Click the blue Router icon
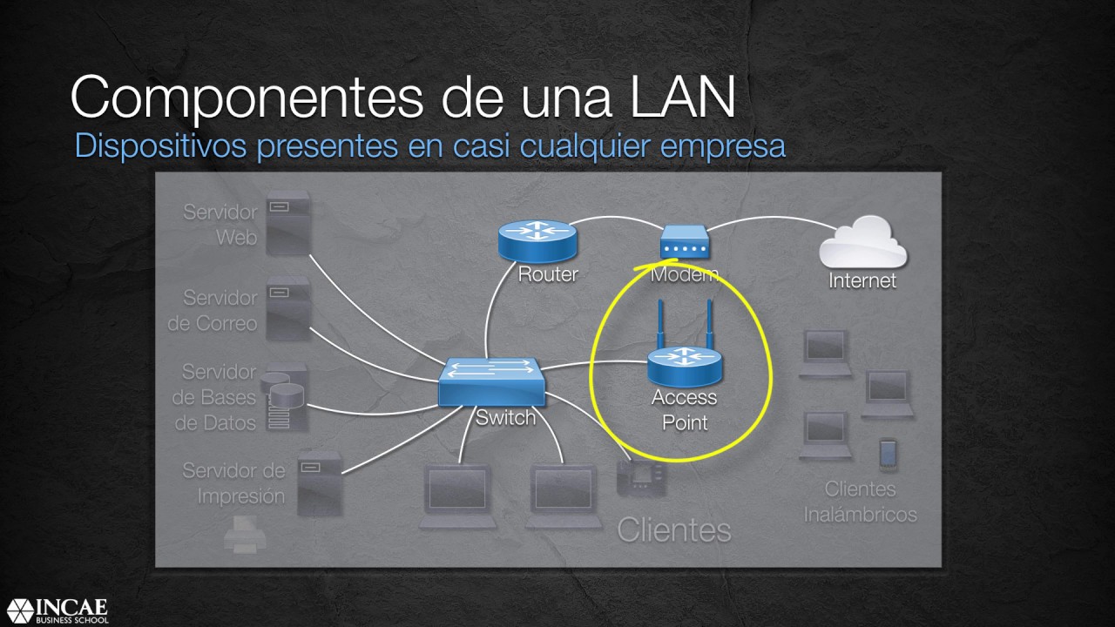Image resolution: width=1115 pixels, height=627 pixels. tap(537, 239)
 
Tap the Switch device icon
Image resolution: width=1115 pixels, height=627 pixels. tap(493, 381)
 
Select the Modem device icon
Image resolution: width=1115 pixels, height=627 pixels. tap(684, 242)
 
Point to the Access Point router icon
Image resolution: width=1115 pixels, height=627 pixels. tap(684, 366)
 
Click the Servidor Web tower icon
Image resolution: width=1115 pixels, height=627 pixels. tap(287, 223)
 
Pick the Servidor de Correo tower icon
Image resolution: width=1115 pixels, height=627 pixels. tap(287, 308)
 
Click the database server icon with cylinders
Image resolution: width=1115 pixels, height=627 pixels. tap(287, 397)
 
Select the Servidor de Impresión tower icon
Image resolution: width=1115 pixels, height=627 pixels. tap(319, 482)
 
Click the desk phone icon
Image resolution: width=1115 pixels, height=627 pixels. tap(640, 478)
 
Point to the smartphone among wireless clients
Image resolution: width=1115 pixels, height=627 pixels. tap(888, 453)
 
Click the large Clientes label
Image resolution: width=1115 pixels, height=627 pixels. tap(673, 529)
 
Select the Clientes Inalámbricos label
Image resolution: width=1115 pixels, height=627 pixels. tap(860, 502)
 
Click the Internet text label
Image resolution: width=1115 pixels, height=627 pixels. tap(862, 280)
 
